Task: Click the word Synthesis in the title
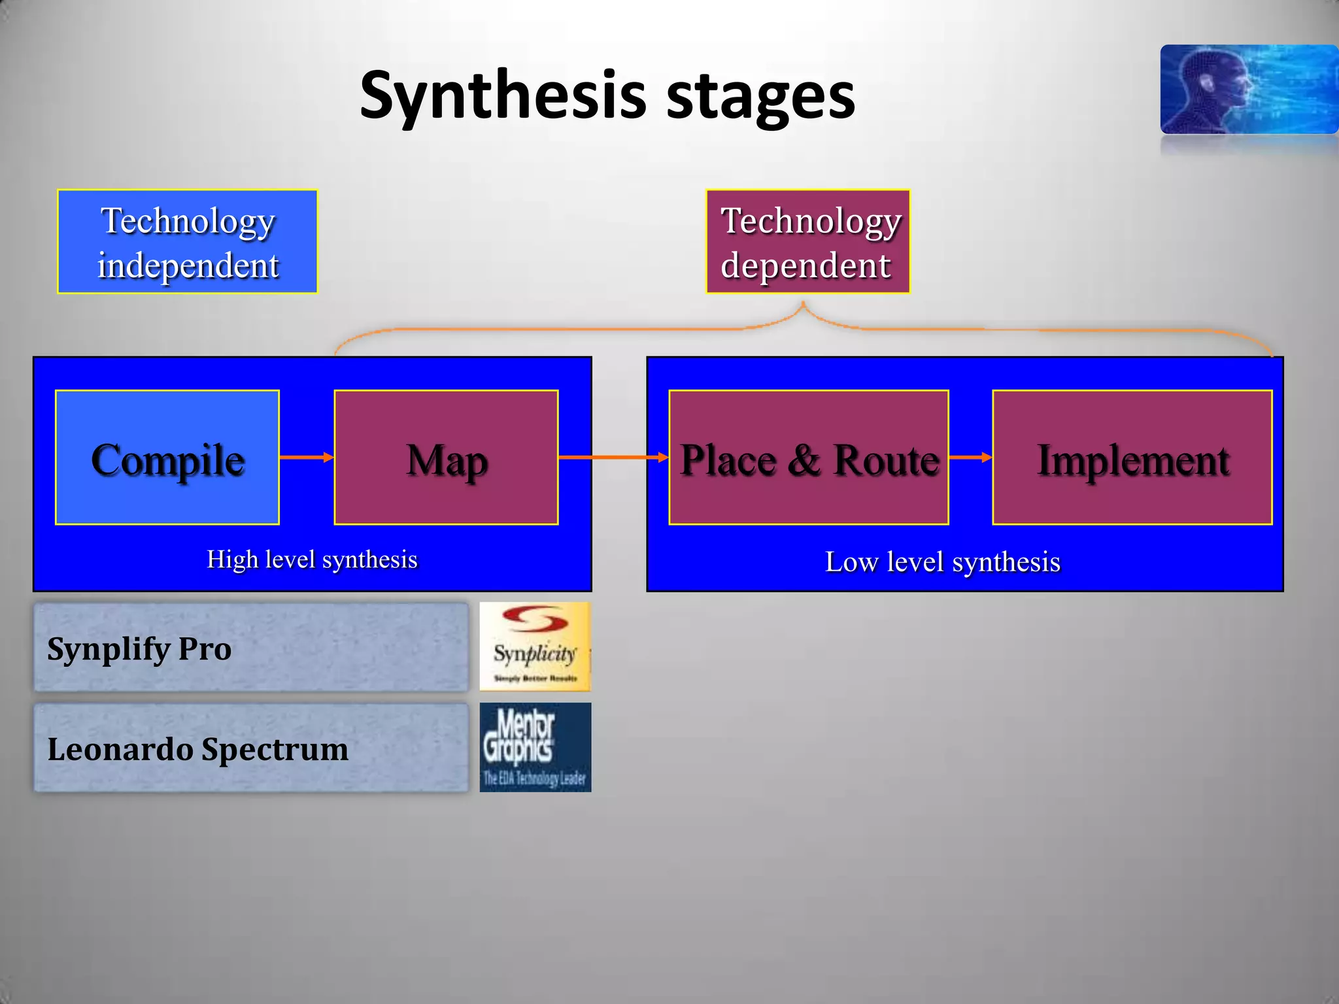click(503, 96)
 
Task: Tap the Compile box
click(167, 458)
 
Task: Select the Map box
click(446, 458)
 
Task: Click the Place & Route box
click(808, 458)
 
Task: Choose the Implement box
click(1132, 458)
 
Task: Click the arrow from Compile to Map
click(307, 458)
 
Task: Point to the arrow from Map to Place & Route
click(613, 458)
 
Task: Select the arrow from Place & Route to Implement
click(970, 458)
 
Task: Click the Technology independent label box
click(188, 242)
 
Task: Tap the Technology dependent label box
click(807, 242)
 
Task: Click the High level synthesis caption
click(312, 560)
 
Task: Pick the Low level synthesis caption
click(942, 562)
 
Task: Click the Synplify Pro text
click(139, 649)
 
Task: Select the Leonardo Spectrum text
click(197, 749)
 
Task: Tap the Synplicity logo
click(535, 646)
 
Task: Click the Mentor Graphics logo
click(535, 747)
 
